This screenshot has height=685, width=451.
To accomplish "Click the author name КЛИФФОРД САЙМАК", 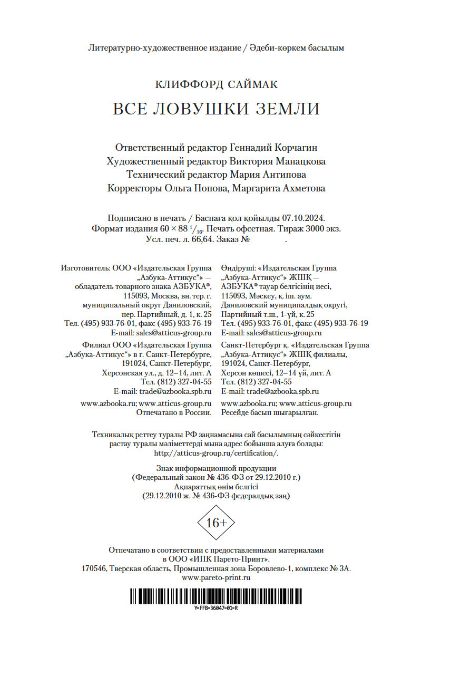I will tap(216, 84).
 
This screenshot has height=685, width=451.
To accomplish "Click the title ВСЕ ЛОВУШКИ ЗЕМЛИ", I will tap(216, 108).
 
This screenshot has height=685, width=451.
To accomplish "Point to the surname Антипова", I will tap(281, 175).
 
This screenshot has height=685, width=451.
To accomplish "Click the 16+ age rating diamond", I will tap(216, 522).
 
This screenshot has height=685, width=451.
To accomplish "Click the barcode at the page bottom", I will tap(216, 595).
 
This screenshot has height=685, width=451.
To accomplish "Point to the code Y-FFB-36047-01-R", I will tap(216, 608).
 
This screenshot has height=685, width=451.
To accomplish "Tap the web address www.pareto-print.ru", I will tap(216, 578).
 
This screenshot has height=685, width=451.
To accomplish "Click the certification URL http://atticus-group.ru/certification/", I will tap(216, 453).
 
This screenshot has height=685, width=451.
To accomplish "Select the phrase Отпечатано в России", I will tap(174, 413).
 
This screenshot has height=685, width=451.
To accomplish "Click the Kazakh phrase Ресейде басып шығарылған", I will tap(270, 413).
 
